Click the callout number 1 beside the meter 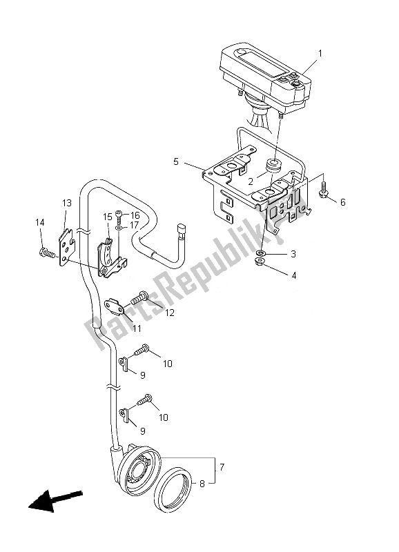point(320,54)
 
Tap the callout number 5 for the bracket point(176,161)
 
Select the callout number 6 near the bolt point(342,202)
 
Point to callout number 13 point(67,203)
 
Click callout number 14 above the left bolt point(40,222)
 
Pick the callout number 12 point(170,313)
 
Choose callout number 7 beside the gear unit point(222,467)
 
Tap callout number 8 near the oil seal point(202,484)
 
